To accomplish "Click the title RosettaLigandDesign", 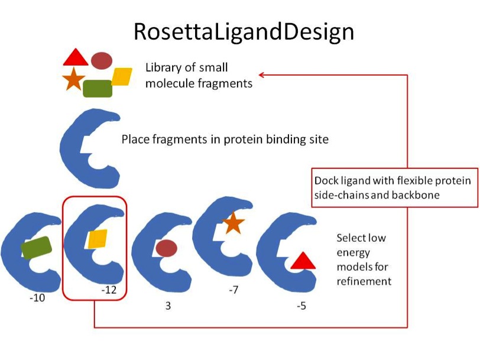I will point(244,31).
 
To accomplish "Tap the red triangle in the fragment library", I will point(76,58).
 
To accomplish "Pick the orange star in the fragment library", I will point(73,79).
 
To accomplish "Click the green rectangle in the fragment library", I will point(98,89).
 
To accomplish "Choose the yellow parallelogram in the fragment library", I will point(122,77).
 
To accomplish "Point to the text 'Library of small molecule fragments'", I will point(199,75).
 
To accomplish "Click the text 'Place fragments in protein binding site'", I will point(225,140).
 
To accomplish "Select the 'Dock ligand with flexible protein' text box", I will point(394,188).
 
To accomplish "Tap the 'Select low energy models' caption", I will point(364,260).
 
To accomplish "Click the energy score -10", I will point(37,299).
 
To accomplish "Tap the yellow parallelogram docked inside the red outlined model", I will point(98,239).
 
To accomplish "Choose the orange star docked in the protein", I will point(233,223).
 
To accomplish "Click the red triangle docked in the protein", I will point(301,261).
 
